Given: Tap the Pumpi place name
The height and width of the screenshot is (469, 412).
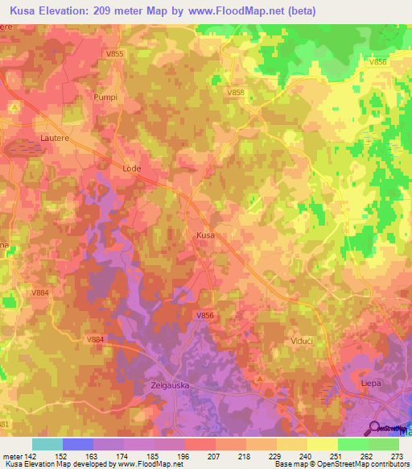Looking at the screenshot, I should point(105,98).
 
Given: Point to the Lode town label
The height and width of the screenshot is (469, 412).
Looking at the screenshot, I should point(131,168).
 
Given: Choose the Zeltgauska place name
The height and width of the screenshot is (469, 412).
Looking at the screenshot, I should point(169,385).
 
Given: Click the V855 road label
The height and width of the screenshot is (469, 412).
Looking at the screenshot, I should point(115,53).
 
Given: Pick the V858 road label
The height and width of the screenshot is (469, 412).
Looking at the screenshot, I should point(236,93).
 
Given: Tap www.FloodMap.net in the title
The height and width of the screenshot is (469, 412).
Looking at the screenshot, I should point(241,11).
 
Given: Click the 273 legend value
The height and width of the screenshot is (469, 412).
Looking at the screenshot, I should point(398,455).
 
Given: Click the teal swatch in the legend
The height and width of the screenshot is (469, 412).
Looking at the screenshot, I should point(47,444).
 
